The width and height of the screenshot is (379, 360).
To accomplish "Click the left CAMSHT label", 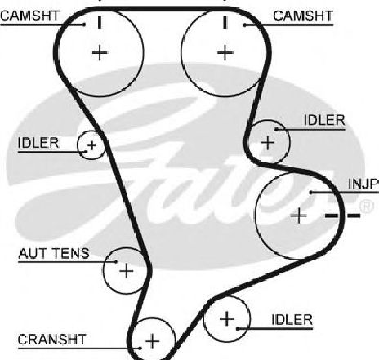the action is tap(30, 16).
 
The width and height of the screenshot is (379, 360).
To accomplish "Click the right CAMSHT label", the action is tap(303, 16).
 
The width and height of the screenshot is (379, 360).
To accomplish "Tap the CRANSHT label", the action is tap(51, 340).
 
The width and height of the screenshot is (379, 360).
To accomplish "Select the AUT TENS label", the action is tap(54, 253).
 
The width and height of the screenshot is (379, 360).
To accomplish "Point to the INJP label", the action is tap(363, 184).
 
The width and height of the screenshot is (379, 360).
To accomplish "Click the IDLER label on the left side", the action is tap(38, 143).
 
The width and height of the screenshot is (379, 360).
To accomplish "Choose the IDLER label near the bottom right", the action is tap(292, 320).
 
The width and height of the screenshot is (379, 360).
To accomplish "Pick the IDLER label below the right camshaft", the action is tap(324, 120).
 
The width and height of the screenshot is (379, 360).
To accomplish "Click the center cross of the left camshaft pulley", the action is tap(100, 53).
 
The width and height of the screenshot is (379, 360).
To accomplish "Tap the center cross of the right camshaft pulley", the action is tap(225, 53).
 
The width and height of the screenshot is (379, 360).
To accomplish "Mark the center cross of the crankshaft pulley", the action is tap(152, 340).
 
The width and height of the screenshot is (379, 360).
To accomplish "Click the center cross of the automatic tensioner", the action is tap(127, 271).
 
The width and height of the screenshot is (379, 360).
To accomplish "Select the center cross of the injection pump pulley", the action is tap(299, 216).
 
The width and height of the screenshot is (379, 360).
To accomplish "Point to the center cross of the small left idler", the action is tap(91, 145).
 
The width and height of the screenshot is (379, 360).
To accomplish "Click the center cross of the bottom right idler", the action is tap(227, 318).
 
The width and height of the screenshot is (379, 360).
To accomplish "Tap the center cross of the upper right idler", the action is tap(268, 142).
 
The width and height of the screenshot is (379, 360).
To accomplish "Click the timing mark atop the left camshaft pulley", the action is tap(100, 22).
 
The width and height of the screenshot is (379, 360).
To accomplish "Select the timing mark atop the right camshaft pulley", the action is tap(225, 22).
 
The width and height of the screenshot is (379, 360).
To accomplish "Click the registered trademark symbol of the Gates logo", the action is tap(367, 207).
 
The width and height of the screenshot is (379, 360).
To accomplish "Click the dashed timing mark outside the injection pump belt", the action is tap(343, 216).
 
